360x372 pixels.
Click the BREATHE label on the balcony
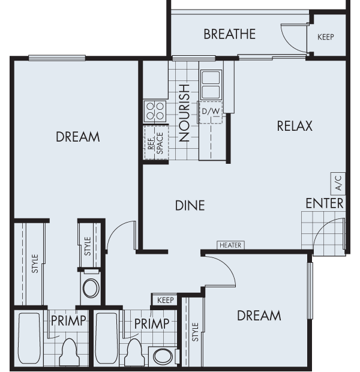(x=229, y=34)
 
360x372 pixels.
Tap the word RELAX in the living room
(x=295, y=126)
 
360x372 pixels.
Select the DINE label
(x=190, y=205)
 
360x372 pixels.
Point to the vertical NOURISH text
(x=184, y=112)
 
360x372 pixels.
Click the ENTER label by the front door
(x=325, y=203)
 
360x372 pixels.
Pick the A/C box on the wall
(x=337, y=181)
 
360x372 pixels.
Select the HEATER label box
(x=230, y=245)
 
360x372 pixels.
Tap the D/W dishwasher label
(x=210, y=112)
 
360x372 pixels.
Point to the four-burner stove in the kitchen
(x=155, y=111)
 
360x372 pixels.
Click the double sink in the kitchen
(x=211, y=85)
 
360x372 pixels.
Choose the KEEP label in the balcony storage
(x=325, y=37)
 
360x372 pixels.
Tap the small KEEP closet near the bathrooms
(x=166, y=300)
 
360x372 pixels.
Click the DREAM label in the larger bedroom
(x=77, y=137)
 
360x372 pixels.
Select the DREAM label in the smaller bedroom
(x=259, y=315)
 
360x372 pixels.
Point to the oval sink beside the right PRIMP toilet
(x=162, y=356)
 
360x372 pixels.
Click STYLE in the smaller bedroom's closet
(x=195, y=332)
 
